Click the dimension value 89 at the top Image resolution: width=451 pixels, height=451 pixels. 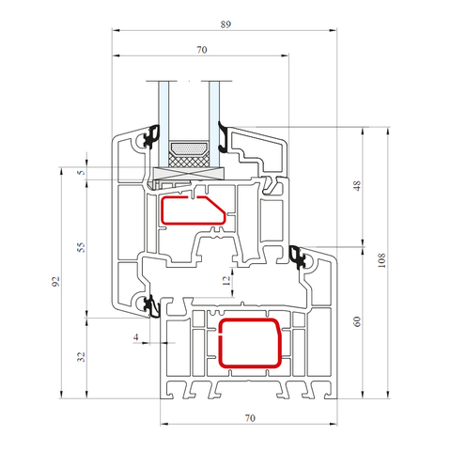pos(225,24)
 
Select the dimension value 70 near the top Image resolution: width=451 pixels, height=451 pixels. pos(202,50)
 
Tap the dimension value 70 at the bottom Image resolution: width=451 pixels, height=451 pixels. pos(250,418)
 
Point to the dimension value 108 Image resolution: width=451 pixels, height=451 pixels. pos(381,260)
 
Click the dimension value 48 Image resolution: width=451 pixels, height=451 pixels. pos(357,185)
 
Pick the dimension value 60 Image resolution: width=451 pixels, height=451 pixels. pos(357,321)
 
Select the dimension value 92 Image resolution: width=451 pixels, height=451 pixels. pos(55,281)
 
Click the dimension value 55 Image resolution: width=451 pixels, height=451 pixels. pos(81,247)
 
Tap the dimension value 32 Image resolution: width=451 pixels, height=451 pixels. pos(81,357)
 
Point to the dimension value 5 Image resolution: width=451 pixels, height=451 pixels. pos(82,173)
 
